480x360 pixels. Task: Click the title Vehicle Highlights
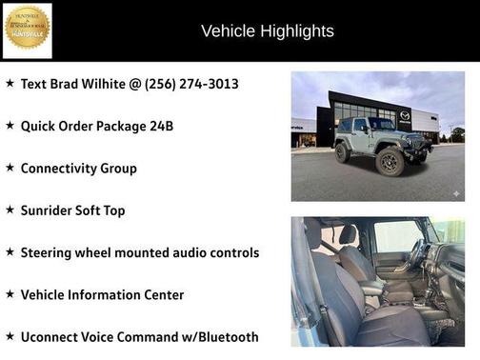point(267,31)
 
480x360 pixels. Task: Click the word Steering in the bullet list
point(50,252)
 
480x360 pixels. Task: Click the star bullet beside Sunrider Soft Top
point(10,210)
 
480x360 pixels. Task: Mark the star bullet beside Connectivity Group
point(10,168)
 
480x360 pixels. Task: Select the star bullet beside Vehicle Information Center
point(10,294)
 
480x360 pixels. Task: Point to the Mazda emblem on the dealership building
point(405,115)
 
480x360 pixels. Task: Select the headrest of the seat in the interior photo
point(349,234)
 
